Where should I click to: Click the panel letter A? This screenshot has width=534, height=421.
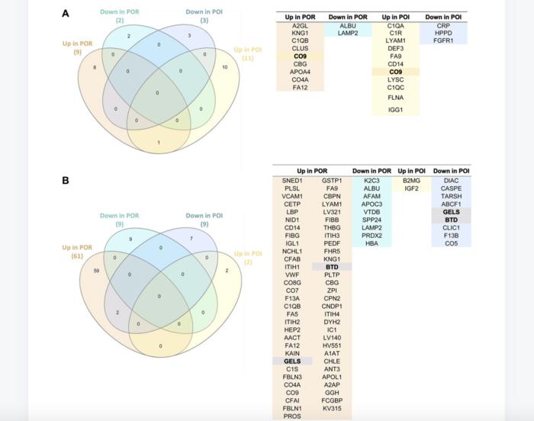(66, 13)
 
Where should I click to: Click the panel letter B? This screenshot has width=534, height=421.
(66, 181)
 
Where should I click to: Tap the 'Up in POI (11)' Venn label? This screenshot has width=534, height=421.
(246, 53)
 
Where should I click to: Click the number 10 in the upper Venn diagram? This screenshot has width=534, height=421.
(224, 67)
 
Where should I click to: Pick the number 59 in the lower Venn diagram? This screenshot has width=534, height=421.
(96, 270)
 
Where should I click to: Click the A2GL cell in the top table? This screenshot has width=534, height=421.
(300, 26)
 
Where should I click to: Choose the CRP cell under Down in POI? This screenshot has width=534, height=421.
(443, 26)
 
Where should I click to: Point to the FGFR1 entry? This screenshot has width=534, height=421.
(443, 43)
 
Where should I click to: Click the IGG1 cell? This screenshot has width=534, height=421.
(395, 110)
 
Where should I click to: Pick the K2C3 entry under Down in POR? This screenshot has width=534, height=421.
(372, 180)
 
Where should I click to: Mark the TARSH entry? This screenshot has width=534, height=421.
(451, 196)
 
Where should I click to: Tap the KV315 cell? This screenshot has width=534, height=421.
(332, 409)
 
